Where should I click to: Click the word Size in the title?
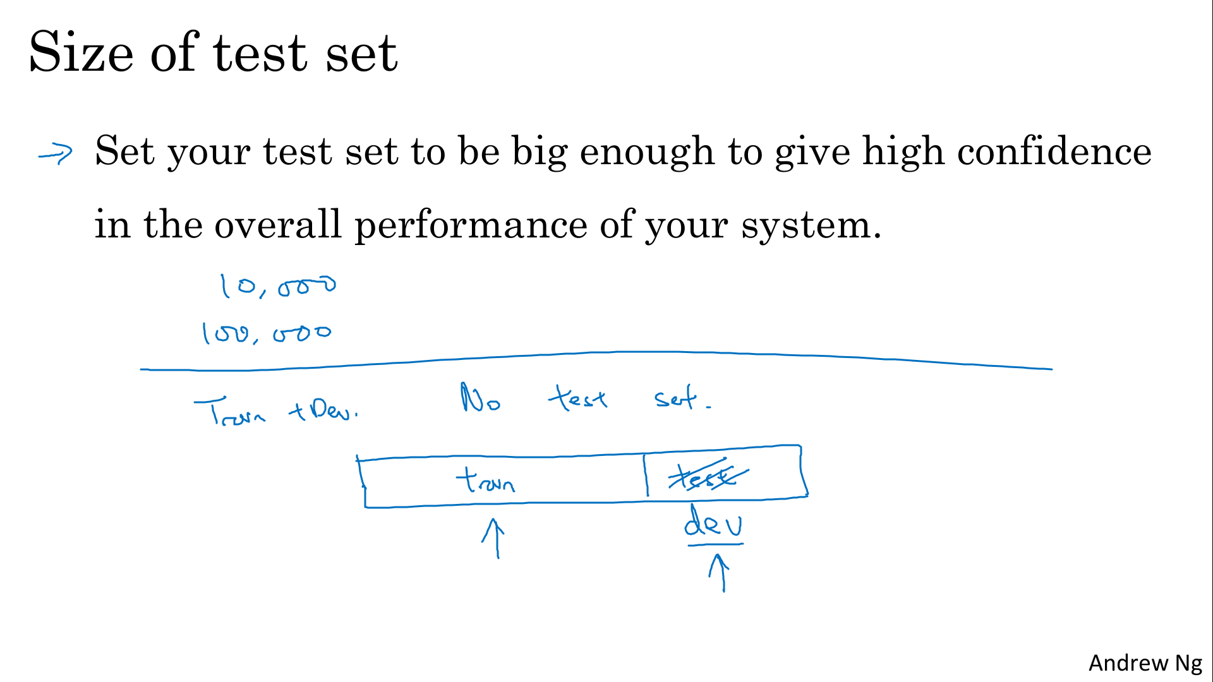tap(81, 52)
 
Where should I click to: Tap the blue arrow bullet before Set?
tap(56, 153)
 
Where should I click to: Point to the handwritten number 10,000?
tap(277, 286)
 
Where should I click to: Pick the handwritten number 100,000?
tap(266, 333)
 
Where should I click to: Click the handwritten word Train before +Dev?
tap(230, 412)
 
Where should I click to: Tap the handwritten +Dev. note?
tap(323, 410)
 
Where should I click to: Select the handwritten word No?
tap(480, 398)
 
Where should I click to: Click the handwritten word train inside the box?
tap(485, 480)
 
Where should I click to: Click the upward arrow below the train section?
tap(495, 539)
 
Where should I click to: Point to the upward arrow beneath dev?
tap(720, 573)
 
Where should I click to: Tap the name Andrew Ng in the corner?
tap(1145, 663)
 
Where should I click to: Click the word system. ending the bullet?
tap(811, 225)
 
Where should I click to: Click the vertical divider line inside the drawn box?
tap(646, 475)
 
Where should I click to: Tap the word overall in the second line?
tap(278, 224)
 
